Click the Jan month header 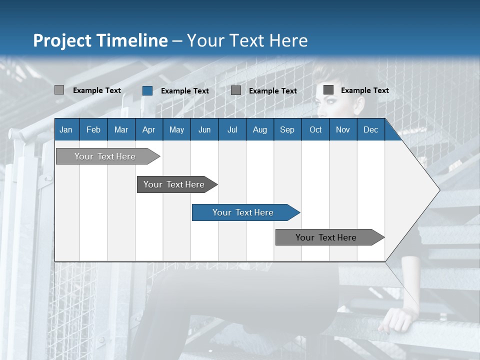(66, 129)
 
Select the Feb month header (93, 129)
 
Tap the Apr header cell (148, 129)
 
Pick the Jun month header (204, 129)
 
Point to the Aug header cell (259, 129)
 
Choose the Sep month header (287, 129)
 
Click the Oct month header (315, 129)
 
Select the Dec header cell (370, 129)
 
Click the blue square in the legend (147, 90)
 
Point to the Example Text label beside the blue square (184, 91)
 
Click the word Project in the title (64, 40)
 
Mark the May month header (176, 129)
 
